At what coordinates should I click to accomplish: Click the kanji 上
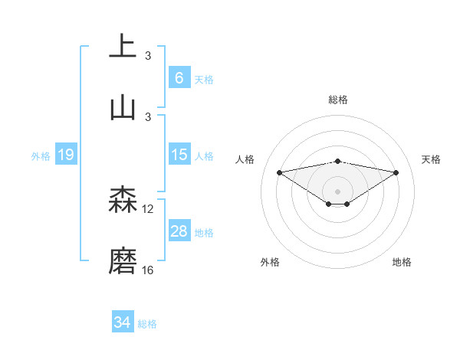123,46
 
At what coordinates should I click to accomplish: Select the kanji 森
123,201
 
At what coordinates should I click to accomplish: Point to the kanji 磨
123,261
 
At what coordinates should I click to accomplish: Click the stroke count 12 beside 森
148,208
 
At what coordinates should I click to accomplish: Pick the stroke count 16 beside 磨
148,270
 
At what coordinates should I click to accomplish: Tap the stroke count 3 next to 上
148,55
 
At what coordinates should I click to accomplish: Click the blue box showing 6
179,78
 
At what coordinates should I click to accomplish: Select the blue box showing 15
179,155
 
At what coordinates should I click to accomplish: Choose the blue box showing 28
179,231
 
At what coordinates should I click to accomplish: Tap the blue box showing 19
65,155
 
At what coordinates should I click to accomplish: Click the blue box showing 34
122,323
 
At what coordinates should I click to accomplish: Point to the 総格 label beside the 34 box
147,324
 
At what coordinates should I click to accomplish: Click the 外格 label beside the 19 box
41,156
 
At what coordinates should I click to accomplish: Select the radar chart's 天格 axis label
432,159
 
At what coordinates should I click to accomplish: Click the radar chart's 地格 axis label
402,262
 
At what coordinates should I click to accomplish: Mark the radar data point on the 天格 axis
396,172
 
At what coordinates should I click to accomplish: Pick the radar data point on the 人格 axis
280,172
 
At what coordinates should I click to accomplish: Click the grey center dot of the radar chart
338,191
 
